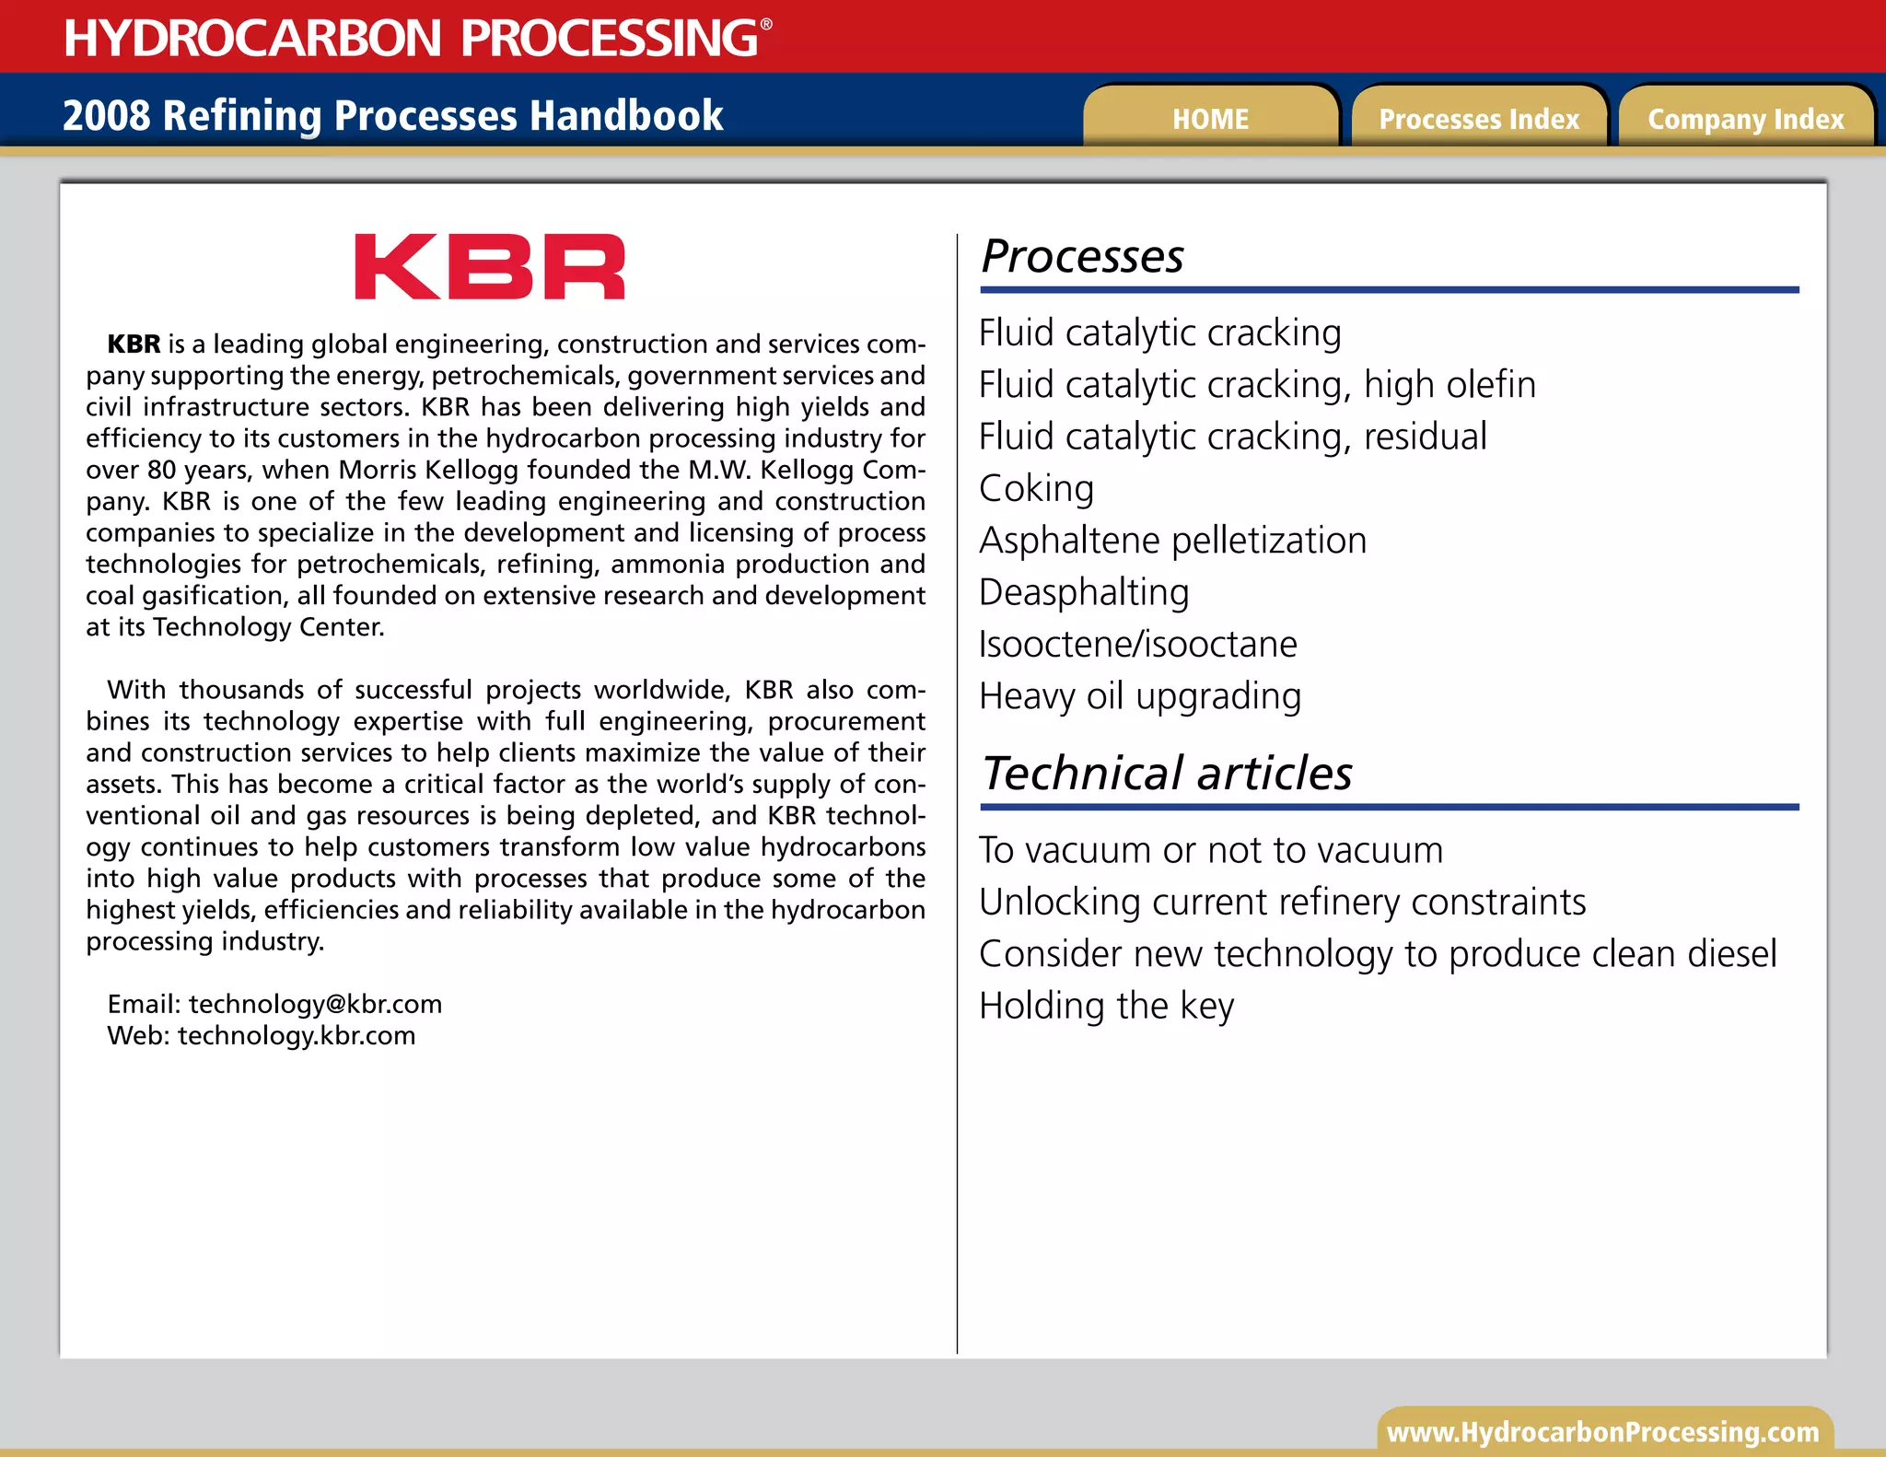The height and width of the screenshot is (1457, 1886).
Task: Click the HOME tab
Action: coord(1210,119)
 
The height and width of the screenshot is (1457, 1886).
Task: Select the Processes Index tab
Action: coord(1479,119)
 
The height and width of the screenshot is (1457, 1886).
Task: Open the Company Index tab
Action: coord(1746,119)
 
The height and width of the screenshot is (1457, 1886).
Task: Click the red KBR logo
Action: coord(490,267)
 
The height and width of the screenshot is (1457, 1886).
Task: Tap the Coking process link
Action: coord(1037,488)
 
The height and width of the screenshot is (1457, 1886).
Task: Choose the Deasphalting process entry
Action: coord(1084,592)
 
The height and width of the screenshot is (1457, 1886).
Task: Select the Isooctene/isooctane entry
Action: coord(1138,644)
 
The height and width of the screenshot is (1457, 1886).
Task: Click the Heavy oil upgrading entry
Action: coord(1140,696)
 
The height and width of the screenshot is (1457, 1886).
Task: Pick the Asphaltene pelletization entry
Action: coord(1172,541)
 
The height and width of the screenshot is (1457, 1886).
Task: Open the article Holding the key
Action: coord(1106,1006)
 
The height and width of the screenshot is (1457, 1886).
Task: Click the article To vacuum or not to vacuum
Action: coord(1211,850)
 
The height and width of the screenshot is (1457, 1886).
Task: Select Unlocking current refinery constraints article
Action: coord(1282,902)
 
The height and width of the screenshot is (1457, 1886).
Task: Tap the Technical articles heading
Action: coord(1167,773)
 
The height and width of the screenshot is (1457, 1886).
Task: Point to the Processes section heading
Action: coord(1082,256)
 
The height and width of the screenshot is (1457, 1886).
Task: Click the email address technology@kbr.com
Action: coord(315,1004)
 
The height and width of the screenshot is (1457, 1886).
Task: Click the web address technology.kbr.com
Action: coord(297,1035)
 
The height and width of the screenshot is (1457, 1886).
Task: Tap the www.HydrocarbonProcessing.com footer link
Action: coord(1603,1432)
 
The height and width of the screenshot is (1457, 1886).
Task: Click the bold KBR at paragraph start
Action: coord(134,344)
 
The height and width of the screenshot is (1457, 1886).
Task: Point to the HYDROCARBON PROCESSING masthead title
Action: coord(412,38)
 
